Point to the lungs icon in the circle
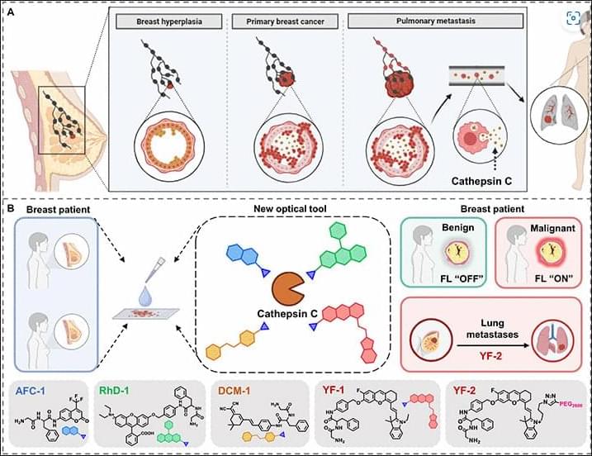click(x=553, y=116)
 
